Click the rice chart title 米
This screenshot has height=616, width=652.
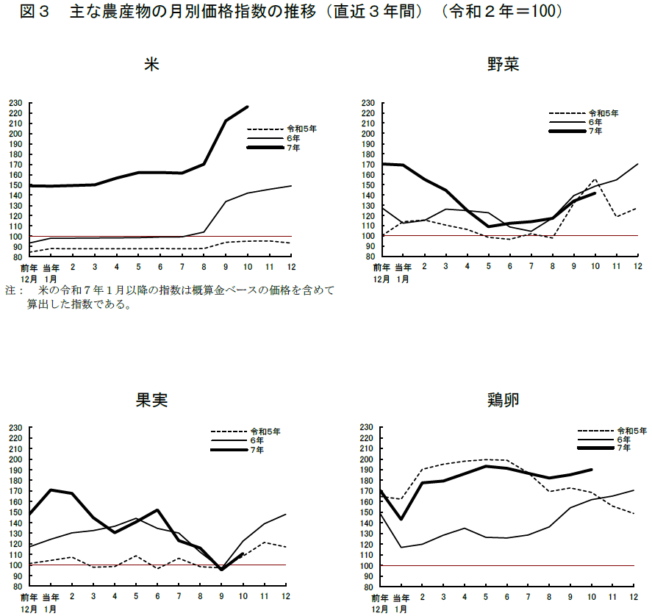pyautogui.click(x=151, y=65)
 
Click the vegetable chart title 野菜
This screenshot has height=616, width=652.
pyautogui.click(x=504, y=65)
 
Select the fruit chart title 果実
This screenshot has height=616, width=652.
pyautogui.click(x=151, y=401)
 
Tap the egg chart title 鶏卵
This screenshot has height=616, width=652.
pyautogui.click(x=504, y=401)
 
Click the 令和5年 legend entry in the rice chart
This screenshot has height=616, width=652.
pyautogui.click(x=302, y=129)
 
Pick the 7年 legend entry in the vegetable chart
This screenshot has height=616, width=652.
pyautogui.click(x=595, y=131)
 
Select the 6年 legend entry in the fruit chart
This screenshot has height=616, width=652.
pyautogui.click(x=257, y=440)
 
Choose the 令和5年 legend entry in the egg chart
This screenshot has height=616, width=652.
pyautogui.click(x=631, y=430)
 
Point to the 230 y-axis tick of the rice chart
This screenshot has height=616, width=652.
pyautogui.click(x=16, y=103)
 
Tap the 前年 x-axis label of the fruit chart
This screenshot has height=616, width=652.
pyautogui.click(x=29, y=596)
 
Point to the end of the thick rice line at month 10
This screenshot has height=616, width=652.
pyautogui.click(x=247, y=107)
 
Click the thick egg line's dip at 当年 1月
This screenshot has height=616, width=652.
pyautogui.click(x=401, y=519)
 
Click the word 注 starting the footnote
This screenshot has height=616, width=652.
pyautogui.click(x=10, y=291)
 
